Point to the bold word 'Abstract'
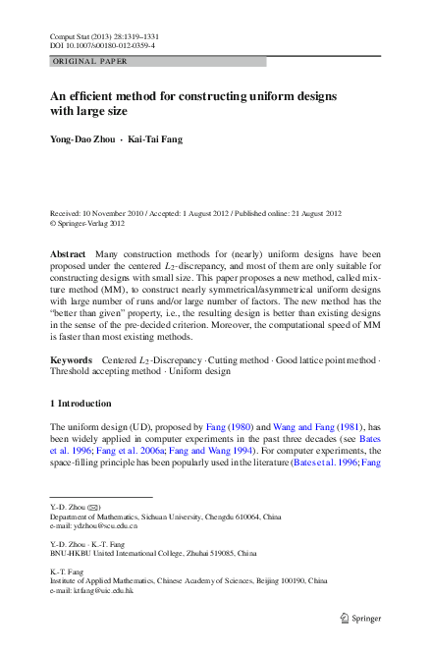click(67, 254)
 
